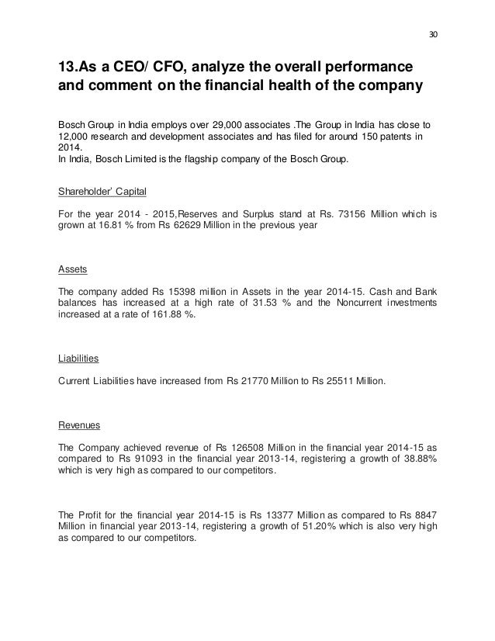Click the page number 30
pos(433,34)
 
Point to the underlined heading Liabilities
pos(78,359)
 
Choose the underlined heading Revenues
pos(81,425)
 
